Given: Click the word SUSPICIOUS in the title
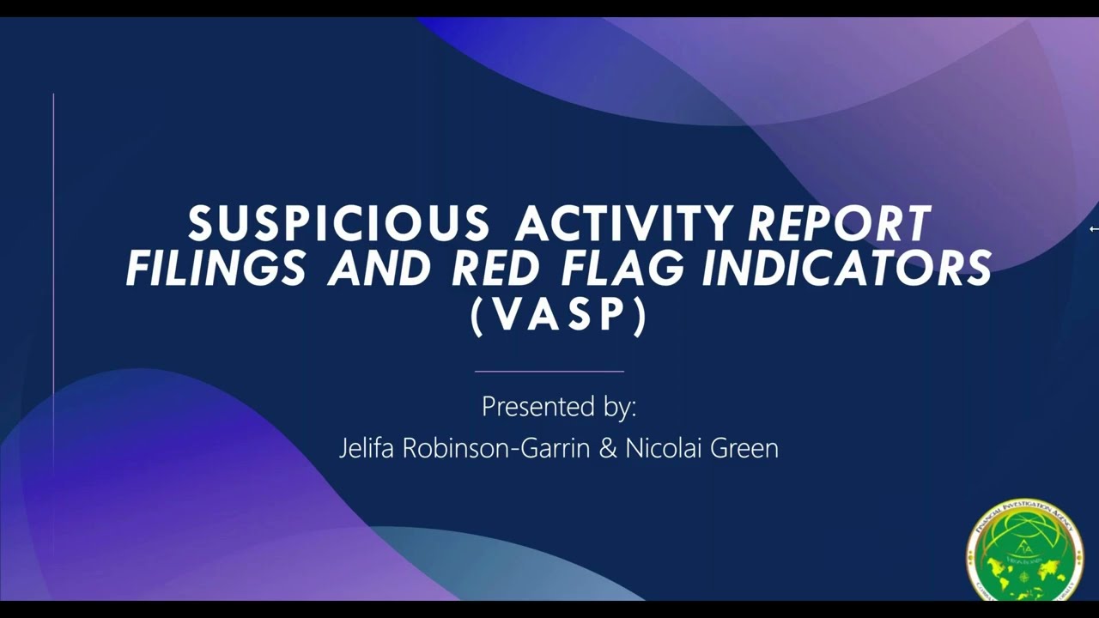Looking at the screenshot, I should [x=339, y=225].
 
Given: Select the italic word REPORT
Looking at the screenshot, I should [x=839, y=225].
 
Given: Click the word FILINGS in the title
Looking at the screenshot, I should [x=216, y=269].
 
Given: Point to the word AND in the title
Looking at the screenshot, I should [x=379, y=269].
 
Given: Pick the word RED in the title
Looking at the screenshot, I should [x=498, y=269].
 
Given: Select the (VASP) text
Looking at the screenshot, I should [x=558, y=315].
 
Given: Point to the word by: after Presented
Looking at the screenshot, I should [x=618, y=407].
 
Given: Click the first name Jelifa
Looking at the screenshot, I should [x=367, y=449].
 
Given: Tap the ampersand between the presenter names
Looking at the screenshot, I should [x=607, y=449].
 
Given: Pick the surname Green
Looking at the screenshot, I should [x=744, y=449].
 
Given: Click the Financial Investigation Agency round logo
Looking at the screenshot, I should [x=1023, y=550].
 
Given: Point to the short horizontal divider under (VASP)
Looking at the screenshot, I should [x=549, y=372].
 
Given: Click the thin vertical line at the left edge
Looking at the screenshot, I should [x=53, y=283].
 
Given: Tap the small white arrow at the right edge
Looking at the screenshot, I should [x=1093, y=229].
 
